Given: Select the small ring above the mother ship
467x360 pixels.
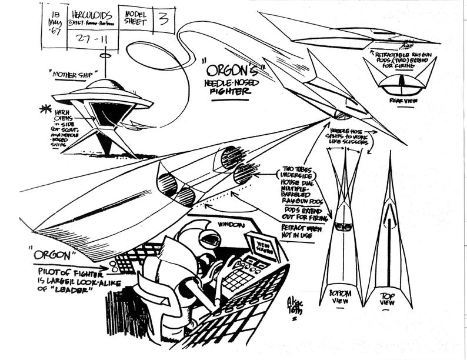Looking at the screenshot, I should click(x=106, y=58).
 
